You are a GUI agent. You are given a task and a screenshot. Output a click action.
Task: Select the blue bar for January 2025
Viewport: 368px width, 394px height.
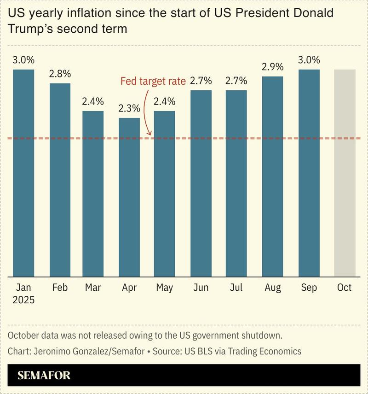(x=23, y=173)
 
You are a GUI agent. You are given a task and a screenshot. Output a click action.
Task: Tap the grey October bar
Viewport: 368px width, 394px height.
(x=345, y=173)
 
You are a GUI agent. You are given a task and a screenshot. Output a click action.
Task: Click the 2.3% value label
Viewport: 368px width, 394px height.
(x=129, y=108)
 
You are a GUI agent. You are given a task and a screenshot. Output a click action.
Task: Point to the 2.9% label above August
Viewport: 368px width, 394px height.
(x=273, y=67)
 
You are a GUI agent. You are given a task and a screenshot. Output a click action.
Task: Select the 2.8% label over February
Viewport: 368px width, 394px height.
(x=60, y=74)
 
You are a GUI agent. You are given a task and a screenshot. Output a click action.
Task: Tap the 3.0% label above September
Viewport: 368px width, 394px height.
(x=309, y=60)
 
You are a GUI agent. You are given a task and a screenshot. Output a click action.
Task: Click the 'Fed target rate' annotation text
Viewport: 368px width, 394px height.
(x=153, y=82)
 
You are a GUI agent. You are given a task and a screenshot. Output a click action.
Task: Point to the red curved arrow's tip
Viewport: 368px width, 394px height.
(x=149, y=135)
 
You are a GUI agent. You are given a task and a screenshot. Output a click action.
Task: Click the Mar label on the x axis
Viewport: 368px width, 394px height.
(x=93, y=288)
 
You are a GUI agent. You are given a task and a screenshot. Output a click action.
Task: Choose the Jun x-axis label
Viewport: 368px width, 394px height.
(x=201, y=288)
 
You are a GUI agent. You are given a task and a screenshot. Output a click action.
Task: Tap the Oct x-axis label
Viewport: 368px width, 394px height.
(x=345, y=288)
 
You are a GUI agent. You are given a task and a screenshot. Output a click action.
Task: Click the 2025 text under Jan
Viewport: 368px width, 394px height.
(x=23, y=300)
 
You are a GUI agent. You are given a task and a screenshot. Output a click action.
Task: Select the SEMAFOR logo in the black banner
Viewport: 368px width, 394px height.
(x=44, y=376)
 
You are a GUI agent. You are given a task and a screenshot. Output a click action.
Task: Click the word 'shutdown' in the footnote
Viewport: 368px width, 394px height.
(x=261, y=335)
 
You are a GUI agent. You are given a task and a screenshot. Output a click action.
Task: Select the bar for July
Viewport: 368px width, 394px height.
(x=236, y=183)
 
